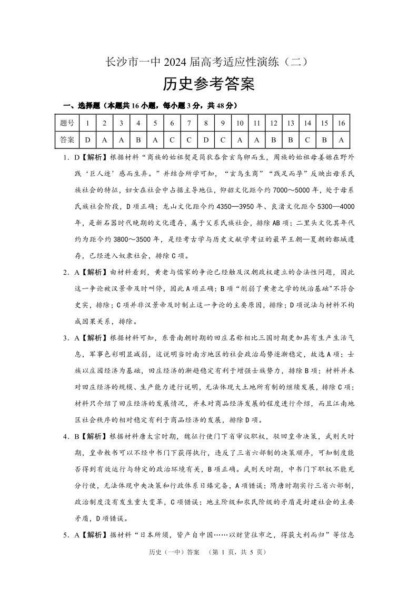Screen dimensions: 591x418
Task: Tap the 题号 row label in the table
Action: [x=67, y=123]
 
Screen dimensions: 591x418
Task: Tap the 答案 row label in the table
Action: [x=67, y=140]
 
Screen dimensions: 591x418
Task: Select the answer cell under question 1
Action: [x=87, y=140]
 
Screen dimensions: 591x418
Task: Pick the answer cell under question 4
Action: [x=138, y=140]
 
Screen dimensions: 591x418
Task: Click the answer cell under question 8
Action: [x=206, y=140]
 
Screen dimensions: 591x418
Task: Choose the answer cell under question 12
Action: [x=273, y=140]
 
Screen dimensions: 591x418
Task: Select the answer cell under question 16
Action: [x=341, y=140]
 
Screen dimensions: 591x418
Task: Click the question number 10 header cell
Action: [x=240, y=123]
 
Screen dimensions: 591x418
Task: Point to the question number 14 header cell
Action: [x=307, y=123]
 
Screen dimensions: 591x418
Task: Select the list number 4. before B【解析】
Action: [x=67, y=436]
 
